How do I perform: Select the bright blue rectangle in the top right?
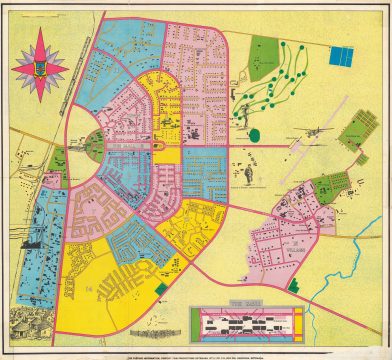[x=341, y=57]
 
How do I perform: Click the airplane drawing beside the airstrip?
[x=313, y=130]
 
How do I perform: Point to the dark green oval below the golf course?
[x=254, y=134]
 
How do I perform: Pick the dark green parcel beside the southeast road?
[x=293, y=284]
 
